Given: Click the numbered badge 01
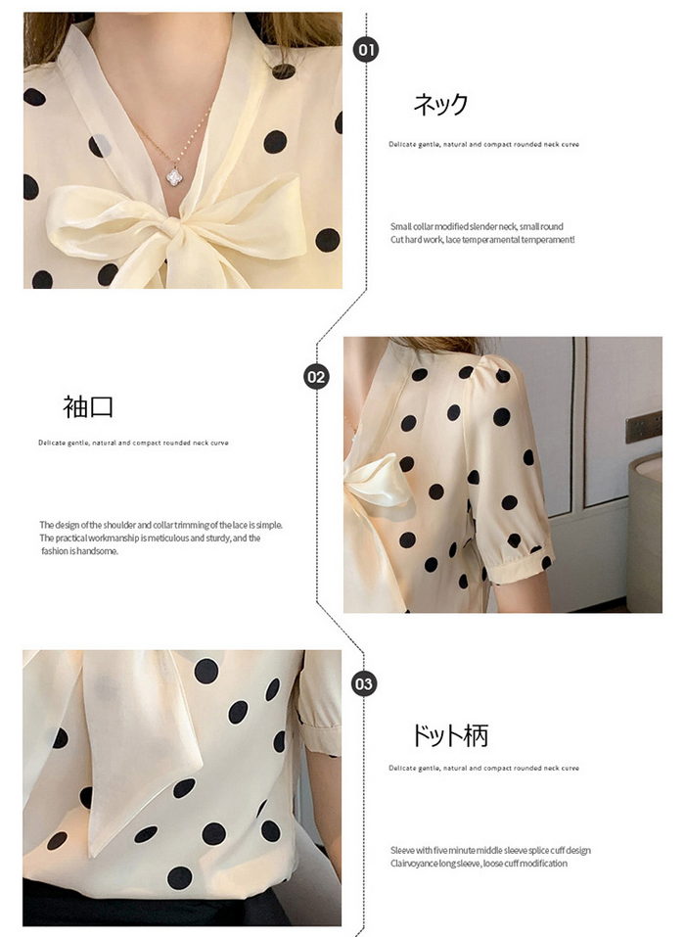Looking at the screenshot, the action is (365, 49).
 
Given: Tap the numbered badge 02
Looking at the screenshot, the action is (316, 377).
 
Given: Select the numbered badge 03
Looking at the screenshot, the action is (364, 683).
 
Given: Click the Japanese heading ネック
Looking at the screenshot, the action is (440, 104).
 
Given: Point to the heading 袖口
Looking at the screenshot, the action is (88, 406).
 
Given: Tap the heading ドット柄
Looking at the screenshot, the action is (451, 735).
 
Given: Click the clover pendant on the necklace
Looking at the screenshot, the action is (174, 176).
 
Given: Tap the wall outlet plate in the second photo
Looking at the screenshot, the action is (643, 427).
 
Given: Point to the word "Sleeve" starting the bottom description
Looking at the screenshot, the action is (402, 850).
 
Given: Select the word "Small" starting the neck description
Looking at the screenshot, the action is (401, 226).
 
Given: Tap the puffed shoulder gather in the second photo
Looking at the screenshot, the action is (482, 370).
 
